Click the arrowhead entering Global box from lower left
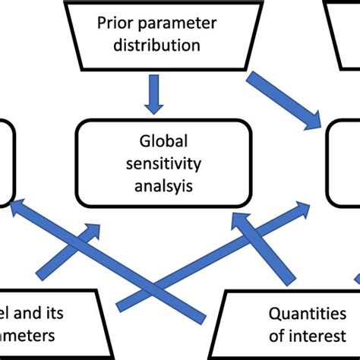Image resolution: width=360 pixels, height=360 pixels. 91,229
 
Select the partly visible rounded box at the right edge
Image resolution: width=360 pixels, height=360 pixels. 346,163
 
